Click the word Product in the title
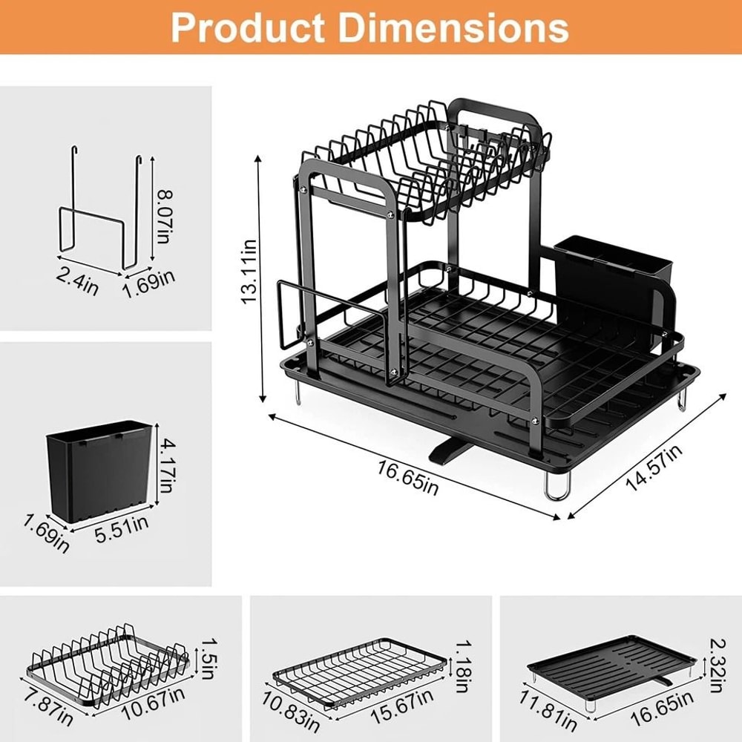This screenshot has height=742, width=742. tap(245, 27)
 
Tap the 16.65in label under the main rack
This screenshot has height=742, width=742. tap(408, 476)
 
